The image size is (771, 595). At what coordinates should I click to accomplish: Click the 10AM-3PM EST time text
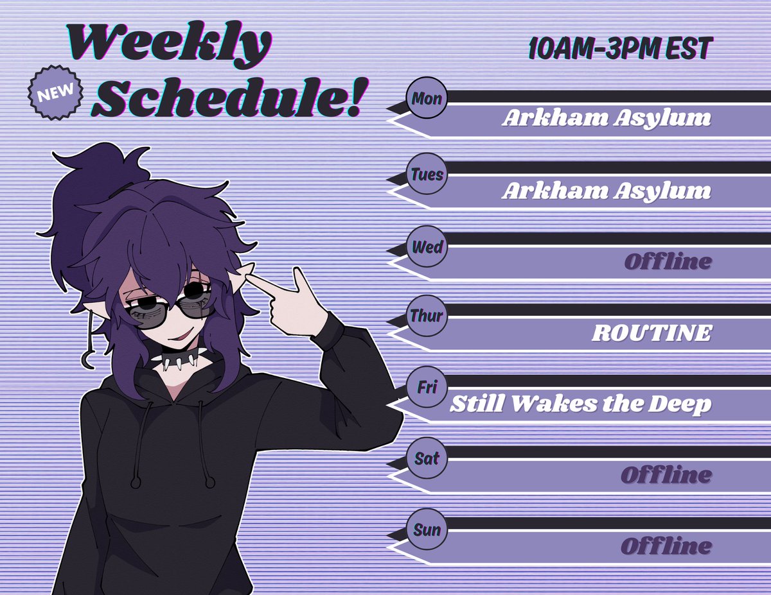click(x=620, y=49)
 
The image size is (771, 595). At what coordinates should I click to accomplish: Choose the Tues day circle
click(x=427, y=174)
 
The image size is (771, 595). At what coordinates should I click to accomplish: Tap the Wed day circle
click(x=427, y=246)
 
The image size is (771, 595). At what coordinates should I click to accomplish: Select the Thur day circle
click(x=427, y=316)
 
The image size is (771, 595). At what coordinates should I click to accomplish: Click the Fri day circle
click(x=427, y=388)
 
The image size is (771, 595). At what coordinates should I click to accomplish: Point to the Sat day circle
click(x=427, y=459)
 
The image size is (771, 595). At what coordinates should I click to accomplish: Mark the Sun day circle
click(x=427, y=530)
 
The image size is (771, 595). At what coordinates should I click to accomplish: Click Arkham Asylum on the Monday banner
click(x=606, y=119)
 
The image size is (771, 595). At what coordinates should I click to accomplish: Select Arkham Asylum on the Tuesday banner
click(x=606, y=191)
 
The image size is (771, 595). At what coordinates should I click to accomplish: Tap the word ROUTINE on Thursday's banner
click(x=651, y=333)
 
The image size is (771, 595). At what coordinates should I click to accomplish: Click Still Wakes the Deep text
click(x=580, y=404)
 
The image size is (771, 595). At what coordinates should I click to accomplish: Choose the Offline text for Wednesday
click(x=668, y=262)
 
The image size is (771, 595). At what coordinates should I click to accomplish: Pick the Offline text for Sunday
click(x=666, y=547)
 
